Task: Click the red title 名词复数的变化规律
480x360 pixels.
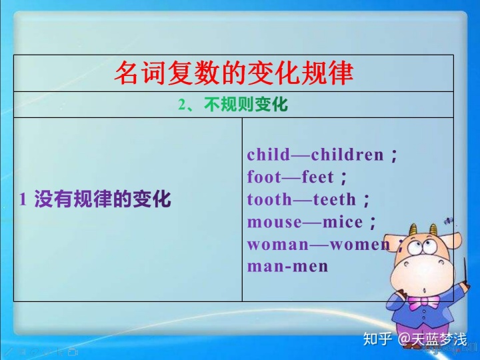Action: (x=234, y=73)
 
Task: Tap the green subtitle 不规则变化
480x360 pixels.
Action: (x=246, y=105)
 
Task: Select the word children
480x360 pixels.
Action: (x=347, y=155)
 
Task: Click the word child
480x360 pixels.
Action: (x=269, y=155)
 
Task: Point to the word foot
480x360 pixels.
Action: (x=264, y=177)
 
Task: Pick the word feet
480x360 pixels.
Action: (x=318, y=177)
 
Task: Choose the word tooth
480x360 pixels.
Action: (x=270, y=199)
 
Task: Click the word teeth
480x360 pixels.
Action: (x=335, y=199)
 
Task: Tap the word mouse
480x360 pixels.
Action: (x=275, y=222)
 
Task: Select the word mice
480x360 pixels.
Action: (x=343, y=222)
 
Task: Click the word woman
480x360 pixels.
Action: (x=278, y=244)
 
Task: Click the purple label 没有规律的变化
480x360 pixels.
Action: (x=103, y=199)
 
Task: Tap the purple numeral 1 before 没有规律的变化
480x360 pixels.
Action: (x=23, y=199)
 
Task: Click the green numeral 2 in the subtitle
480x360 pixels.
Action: (x=182, y=105)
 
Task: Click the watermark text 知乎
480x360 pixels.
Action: (x=377, y=339)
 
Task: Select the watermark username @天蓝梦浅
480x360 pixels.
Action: (x=433, y=339)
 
